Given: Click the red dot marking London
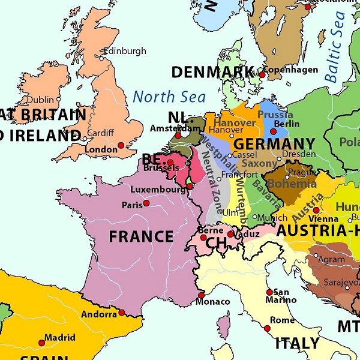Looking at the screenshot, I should pos(121,145).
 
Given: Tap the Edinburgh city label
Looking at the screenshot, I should pos(125,51).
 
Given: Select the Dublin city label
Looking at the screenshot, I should pos(40,100).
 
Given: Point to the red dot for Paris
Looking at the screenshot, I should pos(146,203).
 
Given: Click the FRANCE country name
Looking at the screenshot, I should pos(141,236).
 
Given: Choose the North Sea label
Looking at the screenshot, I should pos(169,97).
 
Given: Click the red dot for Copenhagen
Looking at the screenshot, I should pos(262,74).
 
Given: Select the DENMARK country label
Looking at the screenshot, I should pos(212,72).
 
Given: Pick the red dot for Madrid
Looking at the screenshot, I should pos(41,343).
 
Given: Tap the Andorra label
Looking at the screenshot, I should pos(98,314).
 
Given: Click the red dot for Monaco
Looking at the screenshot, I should pos(201,295).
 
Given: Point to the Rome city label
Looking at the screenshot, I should pos(282,320).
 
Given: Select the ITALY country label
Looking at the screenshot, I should pos(297,344).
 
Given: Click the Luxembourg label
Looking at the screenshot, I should pos(158,190).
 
